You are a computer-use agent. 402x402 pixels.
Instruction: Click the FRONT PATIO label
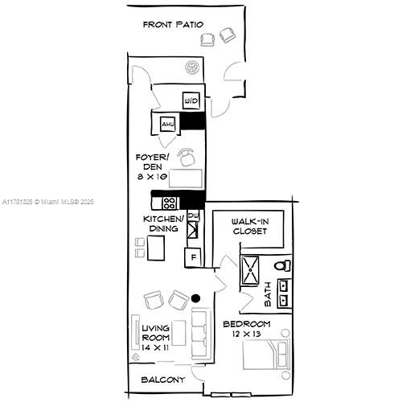[173, 25]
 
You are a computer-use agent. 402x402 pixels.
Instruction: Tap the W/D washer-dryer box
[191, 100]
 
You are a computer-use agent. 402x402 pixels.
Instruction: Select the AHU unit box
[168, 124]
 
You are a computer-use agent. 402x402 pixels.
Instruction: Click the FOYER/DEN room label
[152, 162]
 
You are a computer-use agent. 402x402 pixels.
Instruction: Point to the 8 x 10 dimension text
[152, 177]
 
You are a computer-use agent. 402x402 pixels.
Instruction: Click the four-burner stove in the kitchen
[170, 203]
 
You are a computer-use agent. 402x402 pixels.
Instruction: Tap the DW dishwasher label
[193, 215]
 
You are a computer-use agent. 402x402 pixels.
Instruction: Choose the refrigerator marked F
[193, 257]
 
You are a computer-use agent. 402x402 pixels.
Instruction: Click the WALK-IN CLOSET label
[250, 227]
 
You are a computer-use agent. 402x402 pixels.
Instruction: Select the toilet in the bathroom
[282, 265]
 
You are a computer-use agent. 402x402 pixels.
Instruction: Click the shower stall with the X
[250, 269]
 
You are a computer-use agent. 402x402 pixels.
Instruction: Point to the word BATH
[268, 294]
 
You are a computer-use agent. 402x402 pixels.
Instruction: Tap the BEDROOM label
[247, 324]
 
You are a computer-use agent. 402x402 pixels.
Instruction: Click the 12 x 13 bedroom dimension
[247, 334]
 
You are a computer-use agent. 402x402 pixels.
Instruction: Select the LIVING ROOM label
[156, 333]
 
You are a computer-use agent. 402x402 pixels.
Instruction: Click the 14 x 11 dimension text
[155, 347]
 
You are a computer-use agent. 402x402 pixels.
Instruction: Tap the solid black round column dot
[196, 298]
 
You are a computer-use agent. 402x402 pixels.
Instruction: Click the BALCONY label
[163, 379]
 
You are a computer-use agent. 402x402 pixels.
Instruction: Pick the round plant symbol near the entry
[192, 67]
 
